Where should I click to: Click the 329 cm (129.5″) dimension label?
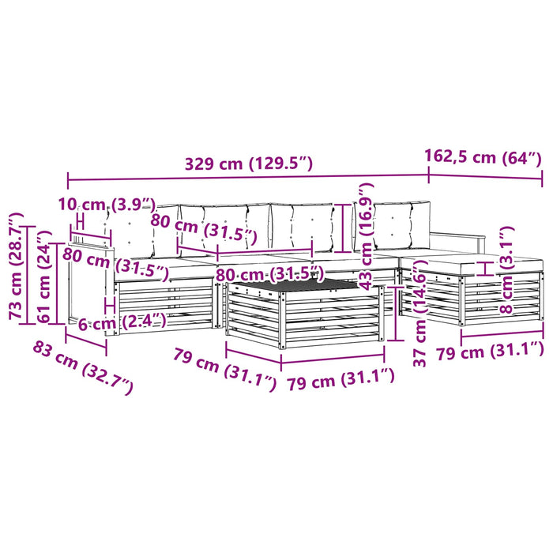249,164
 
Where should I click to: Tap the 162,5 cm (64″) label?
483,156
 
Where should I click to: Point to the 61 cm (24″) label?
45,276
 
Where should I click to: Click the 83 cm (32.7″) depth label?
83,369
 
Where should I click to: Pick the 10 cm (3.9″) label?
107,205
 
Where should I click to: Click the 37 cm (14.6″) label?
419,313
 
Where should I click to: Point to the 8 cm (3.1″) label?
506,270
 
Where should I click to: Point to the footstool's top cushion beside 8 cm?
472,264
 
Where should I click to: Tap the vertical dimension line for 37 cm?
396,314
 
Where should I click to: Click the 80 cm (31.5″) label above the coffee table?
269,274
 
